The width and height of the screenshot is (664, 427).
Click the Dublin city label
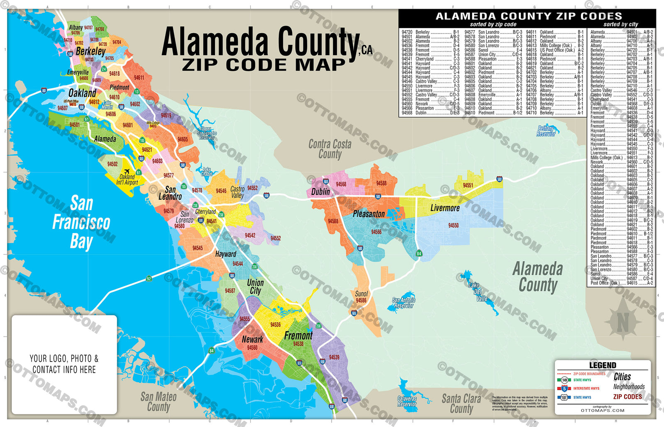(x=321, y=192)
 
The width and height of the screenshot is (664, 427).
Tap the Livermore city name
(x=445, y=208)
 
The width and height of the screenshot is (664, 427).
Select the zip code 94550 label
(x=453, y=226)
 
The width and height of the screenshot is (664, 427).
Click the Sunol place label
(x=361, y=294)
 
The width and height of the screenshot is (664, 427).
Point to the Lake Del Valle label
(x=478, y=292)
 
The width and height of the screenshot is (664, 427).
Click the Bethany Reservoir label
(x=546, y=131)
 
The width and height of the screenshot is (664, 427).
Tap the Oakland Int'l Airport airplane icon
(x=126, y=171)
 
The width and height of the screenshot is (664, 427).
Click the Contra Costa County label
(x=330, y=149)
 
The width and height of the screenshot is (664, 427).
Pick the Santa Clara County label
(x=461, y=403)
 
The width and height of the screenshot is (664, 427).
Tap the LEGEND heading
(x=603, y=365)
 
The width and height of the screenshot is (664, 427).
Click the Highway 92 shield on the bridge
(x=149, y=279)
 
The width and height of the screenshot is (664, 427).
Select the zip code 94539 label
(x=334, y=357)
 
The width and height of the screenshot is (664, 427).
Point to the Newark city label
(x=252, y=339)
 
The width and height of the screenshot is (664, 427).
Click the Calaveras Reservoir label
(x=407, y=401)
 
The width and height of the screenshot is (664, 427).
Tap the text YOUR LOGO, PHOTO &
(x=64, y=359)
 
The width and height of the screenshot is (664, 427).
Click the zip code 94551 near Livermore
(x=468, y=185)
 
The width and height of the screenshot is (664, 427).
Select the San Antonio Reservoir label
(x=403, y=303)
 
